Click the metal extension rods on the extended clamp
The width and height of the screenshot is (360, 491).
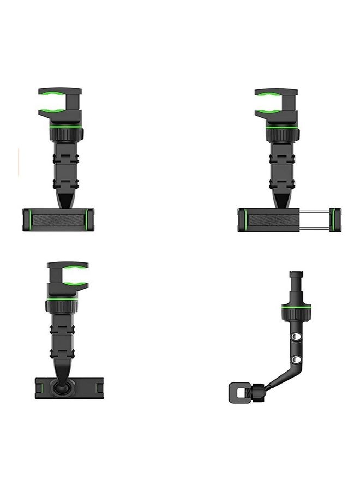click(x=317, y=219)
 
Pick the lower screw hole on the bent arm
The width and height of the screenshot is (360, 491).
click(x=295, y=360)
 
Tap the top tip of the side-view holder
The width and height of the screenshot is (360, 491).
click(x=296, y=273)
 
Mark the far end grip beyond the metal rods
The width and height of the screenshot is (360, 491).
click(x=335, y=220)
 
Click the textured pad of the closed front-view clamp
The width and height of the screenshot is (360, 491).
click(x=57, y=220)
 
